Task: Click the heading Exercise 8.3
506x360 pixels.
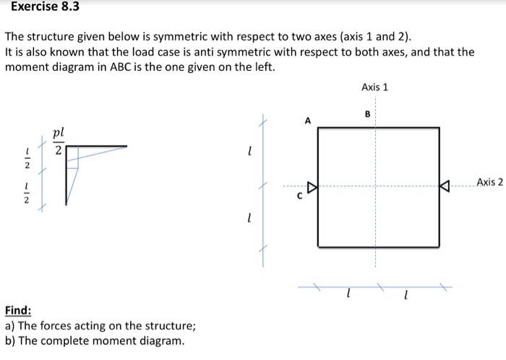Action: pyautogui.click(x=45, y=8)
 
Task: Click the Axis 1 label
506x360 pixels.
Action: pyautogui.click(x=374, y=87)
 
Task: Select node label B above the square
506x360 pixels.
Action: pyautogui.click(x=367, y=113)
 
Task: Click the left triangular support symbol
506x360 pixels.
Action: pyautogui.click(x=313, y=188)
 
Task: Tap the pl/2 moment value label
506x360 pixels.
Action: pyautogui.click(x=59, y=142)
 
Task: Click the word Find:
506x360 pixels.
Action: pyautogui.click(x=18, y=311)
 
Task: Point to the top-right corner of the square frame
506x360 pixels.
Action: pyautogui.click(x=439, y=128)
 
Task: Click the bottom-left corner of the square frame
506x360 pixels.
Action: pyautogui.click(x=318, y=247)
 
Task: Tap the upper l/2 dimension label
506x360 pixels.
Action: pyautogui.click(x=27, y=158)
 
